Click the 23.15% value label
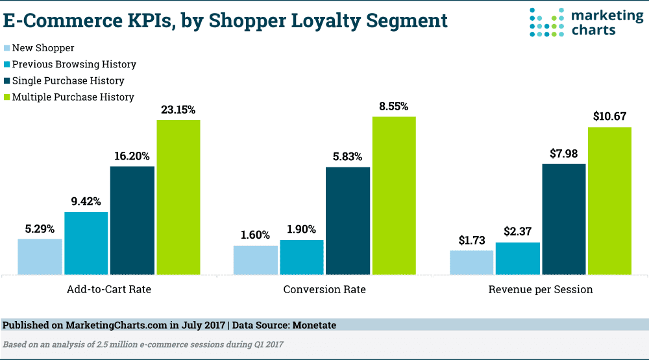click(178, 110)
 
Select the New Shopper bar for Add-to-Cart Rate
click(40, 256)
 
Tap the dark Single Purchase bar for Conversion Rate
click(348, 221)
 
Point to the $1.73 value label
click(471, 241)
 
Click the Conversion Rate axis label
click(324, 289)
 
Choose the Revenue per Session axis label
click(541, 289)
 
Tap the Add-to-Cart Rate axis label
click(109, 289)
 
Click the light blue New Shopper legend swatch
click(7, 48)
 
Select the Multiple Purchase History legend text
click(73, 97)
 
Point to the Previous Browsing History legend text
click(74, 64)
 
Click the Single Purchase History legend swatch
click(7, 81)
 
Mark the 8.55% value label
click(393, 106)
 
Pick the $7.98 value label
click(563, 154)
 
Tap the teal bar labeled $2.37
click(517, 258)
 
